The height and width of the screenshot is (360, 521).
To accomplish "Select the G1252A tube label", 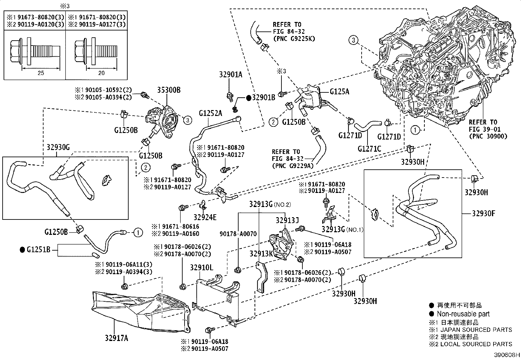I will point(210,113).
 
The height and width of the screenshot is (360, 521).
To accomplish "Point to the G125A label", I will point(339,92).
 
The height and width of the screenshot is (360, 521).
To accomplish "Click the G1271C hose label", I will point(369,149).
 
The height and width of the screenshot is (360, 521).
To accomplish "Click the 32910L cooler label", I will point(202,268).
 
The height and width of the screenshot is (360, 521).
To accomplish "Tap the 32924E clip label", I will point(205,217).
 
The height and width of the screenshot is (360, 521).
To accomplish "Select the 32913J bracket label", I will point(287,220).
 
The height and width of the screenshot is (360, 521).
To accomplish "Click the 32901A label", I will point(231,75).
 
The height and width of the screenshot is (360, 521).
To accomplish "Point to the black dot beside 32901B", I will point(248,97).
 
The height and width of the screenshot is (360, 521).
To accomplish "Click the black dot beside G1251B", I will point(22,250).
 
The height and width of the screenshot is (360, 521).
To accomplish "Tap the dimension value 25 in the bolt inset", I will point(41,73).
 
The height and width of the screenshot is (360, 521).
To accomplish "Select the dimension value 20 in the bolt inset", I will point(101,73).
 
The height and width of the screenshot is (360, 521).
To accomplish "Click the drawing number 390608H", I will point(507,355).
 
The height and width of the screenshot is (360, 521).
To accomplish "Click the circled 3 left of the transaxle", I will point(353,41).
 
